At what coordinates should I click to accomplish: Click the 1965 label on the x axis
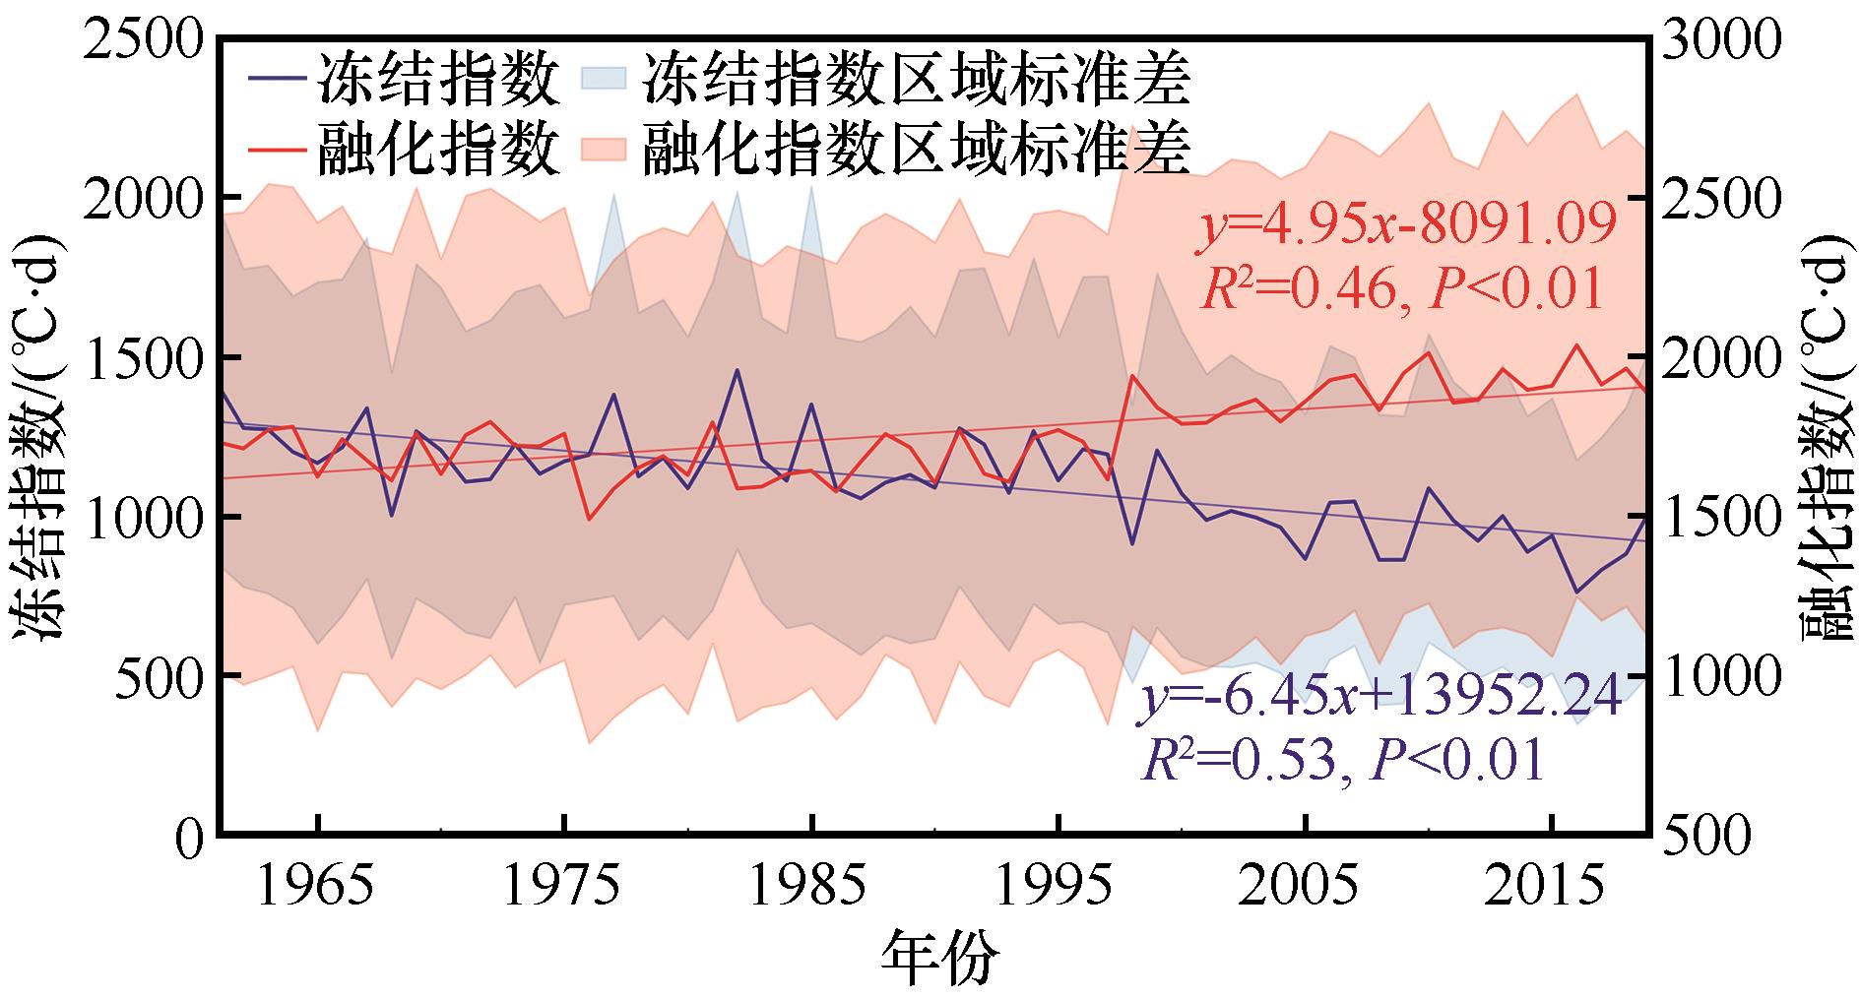(317, 890)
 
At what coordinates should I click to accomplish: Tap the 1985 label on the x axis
(811, 890)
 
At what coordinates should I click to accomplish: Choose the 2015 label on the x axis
(1552, 890)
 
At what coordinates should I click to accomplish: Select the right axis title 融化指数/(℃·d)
(1827, 437)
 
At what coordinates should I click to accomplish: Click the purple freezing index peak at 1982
(737, 371)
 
